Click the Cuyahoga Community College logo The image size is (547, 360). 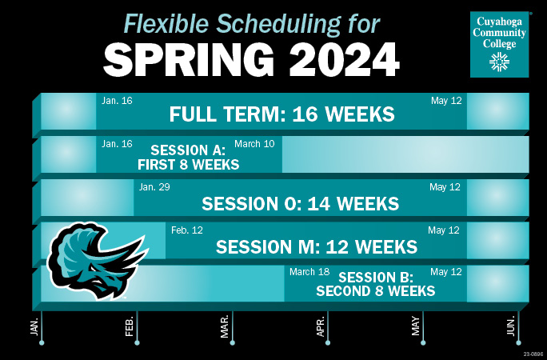tap(500, 44)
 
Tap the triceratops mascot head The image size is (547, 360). tap(97, 261)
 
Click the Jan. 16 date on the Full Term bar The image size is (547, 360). tap(117, 101)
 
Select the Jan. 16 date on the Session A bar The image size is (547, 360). tap(117, 144)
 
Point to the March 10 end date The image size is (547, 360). tap(254, 144)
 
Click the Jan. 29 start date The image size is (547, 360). tap(154, 187)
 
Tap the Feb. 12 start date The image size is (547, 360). tap(187, 230)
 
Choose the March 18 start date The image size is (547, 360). tap(309, 272)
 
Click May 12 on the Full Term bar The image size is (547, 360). tap(446, 101)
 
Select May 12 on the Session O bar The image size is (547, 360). tap(445, 187)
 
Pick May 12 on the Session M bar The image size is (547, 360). tap(444, 230)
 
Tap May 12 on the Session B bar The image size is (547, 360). tap(445, 272)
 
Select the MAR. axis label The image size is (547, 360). tap(224, 326)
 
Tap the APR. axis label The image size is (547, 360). tap(320, 326)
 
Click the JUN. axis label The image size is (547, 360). tap(511, 326)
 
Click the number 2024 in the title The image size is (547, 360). tap(345, 60)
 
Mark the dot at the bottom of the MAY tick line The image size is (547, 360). tap(423, 343)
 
